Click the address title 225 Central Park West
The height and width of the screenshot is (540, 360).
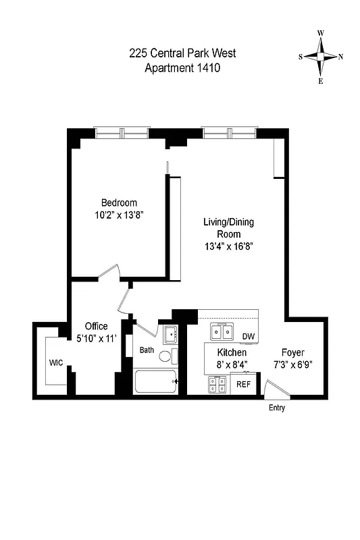point(182,53)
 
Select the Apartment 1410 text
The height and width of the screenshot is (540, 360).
point(182,67)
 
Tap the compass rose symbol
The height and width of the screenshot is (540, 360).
point(321,57)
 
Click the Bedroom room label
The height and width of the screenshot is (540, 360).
point(119,202)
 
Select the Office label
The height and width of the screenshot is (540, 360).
point(97,327)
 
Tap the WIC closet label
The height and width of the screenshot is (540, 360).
point(56,363)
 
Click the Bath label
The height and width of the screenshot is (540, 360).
point(147,350)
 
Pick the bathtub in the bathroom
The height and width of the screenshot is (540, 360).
point(155,382)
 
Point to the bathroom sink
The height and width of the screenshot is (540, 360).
point(170,334)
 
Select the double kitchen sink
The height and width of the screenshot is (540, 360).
point(222,331)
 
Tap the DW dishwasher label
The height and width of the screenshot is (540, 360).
point(248,337)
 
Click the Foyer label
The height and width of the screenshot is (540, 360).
point(293,352)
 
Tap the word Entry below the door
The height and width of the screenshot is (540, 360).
point(277,408)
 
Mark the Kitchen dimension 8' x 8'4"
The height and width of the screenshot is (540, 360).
point(232,364)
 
